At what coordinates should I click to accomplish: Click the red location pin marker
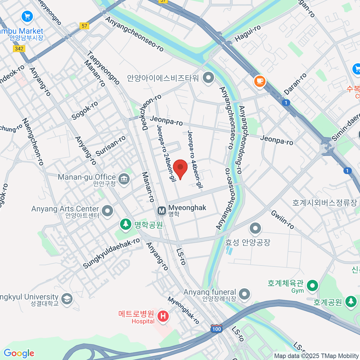tap(180, 168)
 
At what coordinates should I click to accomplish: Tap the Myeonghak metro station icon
tap(162, 211)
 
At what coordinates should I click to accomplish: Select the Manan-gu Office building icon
tap(124, 179)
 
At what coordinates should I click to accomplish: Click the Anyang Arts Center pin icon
tap(107, 211)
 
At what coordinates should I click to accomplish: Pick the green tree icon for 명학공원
tap(126, 224)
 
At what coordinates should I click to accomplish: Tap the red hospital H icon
tap(163, 316)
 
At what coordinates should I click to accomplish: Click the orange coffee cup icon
tap(260, 81)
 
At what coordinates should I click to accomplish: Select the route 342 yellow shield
tap(19, 49)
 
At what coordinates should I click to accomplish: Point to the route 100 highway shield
tap(216, 329)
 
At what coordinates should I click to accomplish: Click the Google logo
tap(19, 353)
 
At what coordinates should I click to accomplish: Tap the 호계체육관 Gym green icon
tap(313, 285)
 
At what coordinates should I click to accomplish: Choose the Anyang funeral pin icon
tap(244, 294)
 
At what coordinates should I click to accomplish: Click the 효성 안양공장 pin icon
tap(255, 228)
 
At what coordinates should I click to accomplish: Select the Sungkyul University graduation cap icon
tap(67, 299)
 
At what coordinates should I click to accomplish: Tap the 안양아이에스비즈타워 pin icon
tap(208, 78)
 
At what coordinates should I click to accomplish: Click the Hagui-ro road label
tap(247, 34)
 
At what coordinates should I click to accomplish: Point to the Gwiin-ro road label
tap(282, 220)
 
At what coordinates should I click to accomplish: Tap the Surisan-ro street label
tap(110, 146)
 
